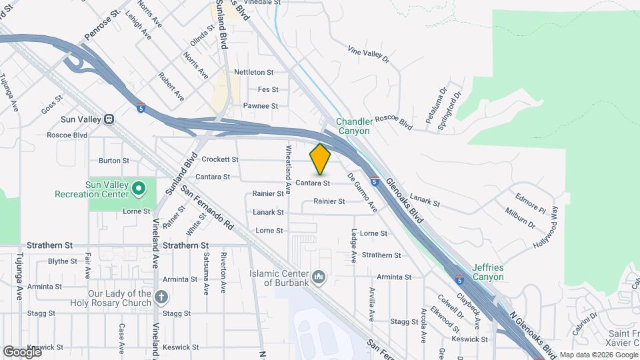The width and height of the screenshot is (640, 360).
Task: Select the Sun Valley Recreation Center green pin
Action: (139, 189)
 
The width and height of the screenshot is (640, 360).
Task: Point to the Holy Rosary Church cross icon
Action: (161, 297)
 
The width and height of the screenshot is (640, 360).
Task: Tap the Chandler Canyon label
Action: (353, 126)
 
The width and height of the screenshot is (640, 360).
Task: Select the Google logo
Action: (22, 351)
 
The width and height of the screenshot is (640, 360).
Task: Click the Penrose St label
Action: (101, 24)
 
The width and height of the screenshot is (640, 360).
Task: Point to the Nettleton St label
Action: (254, 72)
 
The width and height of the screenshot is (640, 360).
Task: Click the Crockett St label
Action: (220, 160)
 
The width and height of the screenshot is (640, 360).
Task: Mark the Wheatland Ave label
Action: (289, 169)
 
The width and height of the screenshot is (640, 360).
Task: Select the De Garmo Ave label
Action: (363, 193)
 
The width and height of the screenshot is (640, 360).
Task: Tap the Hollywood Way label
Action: (546, 227)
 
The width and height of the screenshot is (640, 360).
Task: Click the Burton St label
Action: (114, 161)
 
